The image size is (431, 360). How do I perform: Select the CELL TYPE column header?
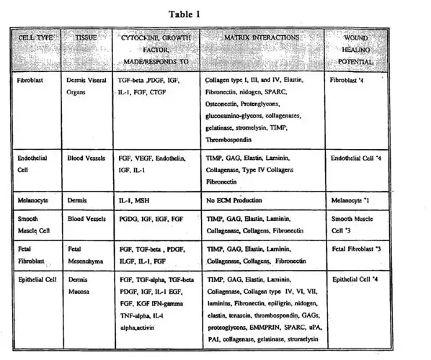pos(33,36)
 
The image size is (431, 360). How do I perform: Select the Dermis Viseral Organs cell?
pos(85,89)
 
